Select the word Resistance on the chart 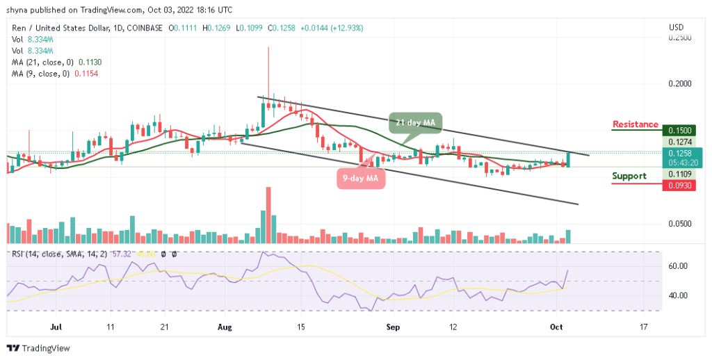click(635, 125)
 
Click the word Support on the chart click(629, 176)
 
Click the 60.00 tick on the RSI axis click(678, 266)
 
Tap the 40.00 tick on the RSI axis click(678, 295)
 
